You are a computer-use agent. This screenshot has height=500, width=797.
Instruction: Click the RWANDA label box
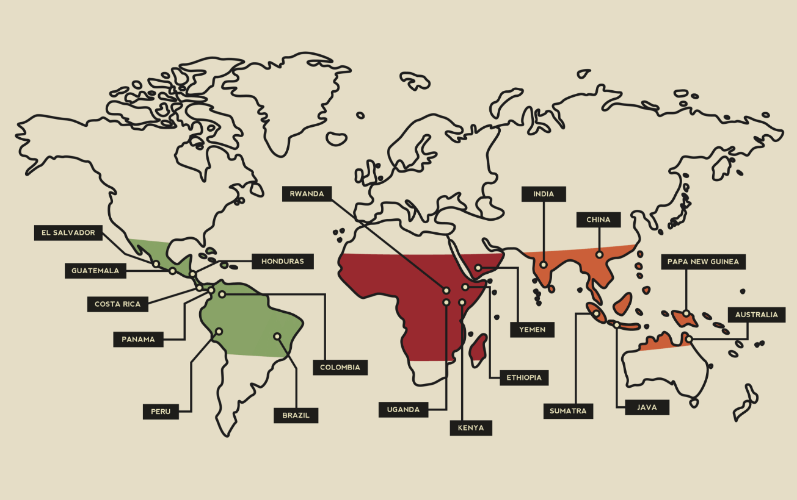click(x=307, y=195)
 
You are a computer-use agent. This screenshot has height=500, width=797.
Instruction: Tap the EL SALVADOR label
click(x=68, y=233)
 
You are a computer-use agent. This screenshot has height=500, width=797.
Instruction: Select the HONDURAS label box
click(x=282, y=262)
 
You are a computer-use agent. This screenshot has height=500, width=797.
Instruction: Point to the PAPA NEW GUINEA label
click(x=703, y=262)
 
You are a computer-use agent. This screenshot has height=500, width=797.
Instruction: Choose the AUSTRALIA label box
click(x=756, y=315)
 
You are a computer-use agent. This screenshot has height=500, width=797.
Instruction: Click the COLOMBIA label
click(x=340, y=367)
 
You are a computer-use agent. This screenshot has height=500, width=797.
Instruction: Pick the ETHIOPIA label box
click(x=523, y=377)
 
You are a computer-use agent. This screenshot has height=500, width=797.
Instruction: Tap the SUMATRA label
click(x=568, y=411)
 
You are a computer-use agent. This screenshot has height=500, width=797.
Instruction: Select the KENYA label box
click(x=470, y=428)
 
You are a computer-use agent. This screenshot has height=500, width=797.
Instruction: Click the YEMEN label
click(x=532, y=330)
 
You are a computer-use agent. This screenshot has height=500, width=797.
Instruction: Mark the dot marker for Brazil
click(x=277, y=336)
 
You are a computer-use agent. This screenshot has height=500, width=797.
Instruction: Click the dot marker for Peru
click(x=219, y=332)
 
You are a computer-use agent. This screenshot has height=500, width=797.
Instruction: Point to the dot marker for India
click(x=543, y=265)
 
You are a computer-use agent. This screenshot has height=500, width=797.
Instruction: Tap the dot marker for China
click(x=599, y=255)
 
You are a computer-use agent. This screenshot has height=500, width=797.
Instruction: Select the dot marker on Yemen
click(x=478, y=268)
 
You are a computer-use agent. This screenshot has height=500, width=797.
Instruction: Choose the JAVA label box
click(x=647, y=407)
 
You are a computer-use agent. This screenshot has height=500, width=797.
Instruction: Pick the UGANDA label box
click(x=403, y=410)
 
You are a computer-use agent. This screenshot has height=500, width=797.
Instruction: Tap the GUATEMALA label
click(x=95, y=271)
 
